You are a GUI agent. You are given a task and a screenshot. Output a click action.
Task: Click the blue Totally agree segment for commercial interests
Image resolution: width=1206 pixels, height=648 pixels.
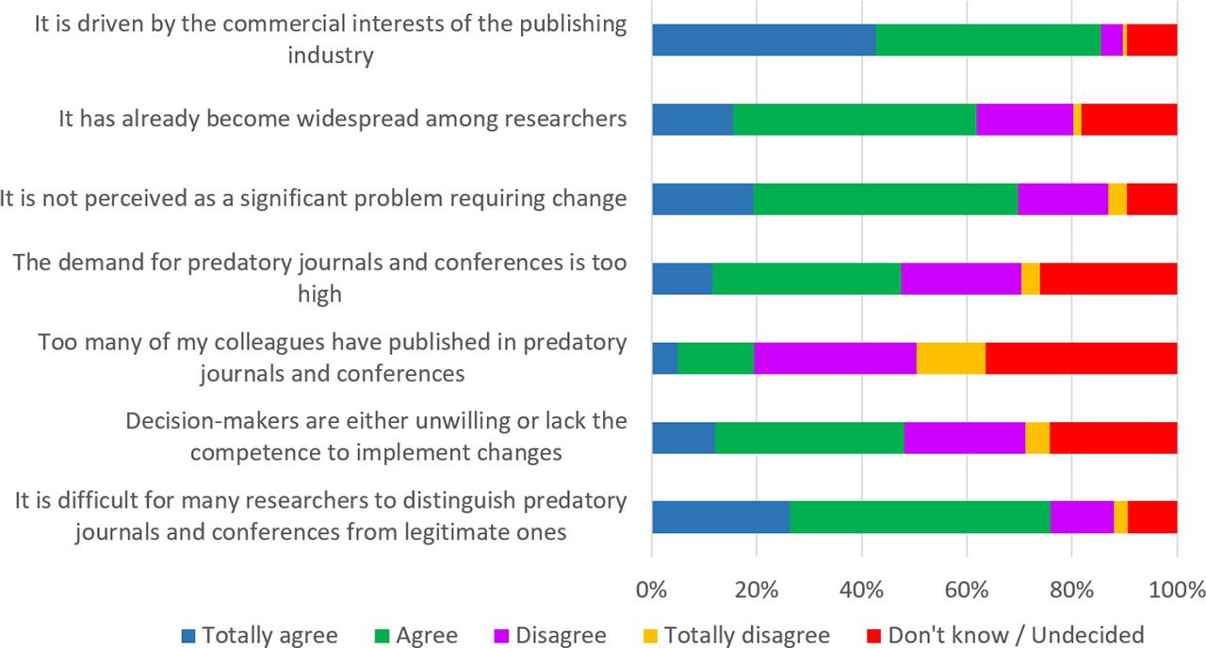coord(763,40)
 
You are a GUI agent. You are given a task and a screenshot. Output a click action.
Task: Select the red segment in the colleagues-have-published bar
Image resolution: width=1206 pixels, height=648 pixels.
coord(1081,359)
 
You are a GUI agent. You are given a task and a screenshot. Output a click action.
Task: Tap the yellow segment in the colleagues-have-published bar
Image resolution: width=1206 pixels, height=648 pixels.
coord(951,359)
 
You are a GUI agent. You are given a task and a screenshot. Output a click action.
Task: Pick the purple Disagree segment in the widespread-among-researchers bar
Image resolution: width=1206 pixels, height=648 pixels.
coord(1024,120)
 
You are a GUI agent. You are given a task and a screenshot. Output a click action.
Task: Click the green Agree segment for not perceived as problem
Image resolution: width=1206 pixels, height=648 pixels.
coord(885,200)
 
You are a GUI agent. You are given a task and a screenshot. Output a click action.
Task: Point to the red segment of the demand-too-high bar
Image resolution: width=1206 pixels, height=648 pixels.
coord(1108,279)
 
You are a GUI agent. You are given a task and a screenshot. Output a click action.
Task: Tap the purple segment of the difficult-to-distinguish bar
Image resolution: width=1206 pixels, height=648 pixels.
coord(1082,518)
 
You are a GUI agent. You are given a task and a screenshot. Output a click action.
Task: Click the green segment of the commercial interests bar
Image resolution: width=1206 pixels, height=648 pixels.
coord(988,40)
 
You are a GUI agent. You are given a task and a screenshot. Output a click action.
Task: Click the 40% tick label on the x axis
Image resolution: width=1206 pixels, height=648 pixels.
coord(861,591)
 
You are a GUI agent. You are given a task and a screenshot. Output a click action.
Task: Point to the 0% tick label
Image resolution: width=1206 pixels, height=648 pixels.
coord(651,591)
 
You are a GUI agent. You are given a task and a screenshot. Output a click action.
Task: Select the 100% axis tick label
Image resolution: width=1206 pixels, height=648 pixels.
coord(1176,591)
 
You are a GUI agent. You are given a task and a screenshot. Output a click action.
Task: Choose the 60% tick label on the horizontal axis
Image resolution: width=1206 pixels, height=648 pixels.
coord(966,591)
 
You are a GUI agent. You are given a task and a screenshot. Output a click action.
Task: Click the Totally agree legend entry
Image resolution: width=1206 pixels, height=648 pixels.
coord(259,634)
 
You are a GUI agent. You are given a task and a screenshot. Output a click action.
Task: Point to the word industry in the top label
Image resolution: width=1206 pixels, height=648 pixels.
coord(331,55)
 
